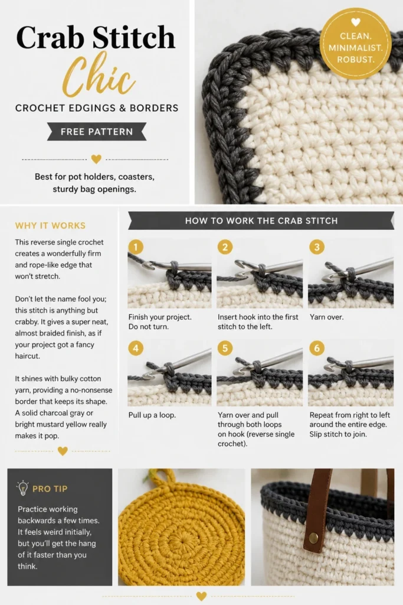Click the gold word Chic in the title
point(99,75)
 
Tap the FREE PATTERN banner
point(97,132)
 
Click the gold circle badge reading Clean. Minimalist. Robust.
point(355,43)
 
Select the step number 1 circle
point(136,247)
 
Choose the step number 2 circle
point(225,247)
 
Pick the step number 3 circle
point(317,247)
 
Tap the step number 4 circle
point(136,349)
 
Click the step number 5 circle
point(225,349)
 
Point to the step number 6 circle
point(317,349)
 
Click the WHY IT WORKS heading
point(50,226)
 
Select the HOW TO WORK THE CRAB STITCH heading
point(261,221)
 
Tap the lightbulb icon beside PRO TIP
point(23,488)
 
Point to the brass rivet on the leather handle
point(314,538)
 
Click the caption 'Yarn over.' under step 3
point(327,317)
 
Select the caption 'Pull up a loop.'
point(152,415)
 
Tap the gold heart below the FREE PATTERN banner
point(96,158)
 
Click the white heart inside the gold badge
point(356,22)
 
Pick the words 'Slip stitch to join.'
point(338,434)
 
